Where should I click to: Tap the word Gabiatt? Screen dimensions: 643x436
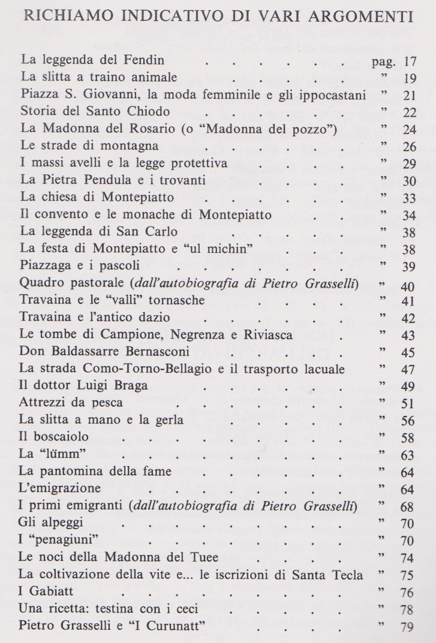51,592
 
